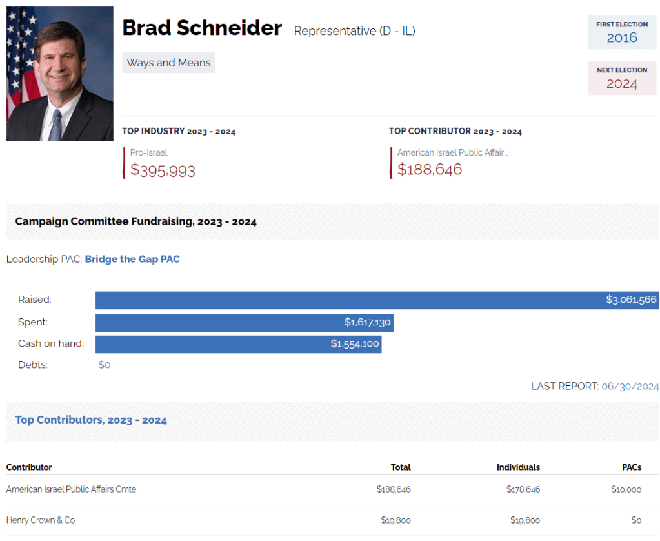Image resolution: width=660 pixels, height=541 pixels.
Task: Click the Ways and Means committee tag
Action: (x=168, y=63)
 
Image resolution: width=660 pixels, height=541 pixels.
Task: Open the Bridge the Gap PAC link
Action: (x=132, y=259)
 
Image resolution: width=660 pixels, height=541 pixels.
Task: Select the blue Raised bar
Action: (x=377, y=300)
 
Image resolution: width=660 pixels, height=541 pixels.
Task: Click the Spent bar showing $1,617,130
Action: (x=244, y=322)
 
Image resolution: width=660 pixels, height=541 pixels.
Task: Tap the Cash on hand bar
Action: (x=238, y=343)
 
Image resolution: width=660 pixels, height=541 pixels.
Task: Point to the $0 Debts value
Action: (x=105, y=365)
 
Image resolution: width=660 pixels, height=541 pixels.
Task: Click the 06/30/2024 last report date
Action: (x=630, y=386)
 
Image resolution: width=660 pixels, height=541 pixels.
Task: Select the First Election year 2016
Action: (x=621, y=37)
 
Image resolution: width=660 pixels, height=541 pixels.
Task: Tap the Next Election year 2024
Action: (x=621, y=83)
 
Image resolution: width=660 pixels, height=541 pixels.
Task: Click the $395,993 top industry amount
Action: (x=163, y=170)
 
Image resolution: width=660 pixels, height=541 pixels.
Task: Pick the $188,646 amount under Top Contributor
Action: (x=430, y=169)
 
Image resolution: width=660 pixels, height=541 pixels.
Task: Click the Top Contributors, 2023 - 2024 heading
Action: (x=91, y=420)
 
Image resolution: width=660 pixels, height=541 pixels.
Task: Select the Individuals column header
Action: (x=518, y=467)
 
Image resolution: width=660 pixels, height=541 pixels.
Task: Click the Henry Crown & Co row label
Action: (x=41, y=520)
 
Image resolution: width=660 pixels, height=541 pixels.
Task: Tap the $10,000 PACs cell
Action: (x=626, y=489)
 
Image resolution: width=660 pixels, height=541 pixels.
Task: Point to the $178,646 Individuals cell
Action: (x=523, y=489)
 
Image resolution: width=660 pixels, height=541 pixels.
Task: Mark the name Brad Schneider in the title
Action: (x=202, y=28)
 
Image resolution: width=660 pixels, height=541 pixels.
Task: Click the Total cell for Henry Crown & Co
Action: (x=394, y=520)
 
